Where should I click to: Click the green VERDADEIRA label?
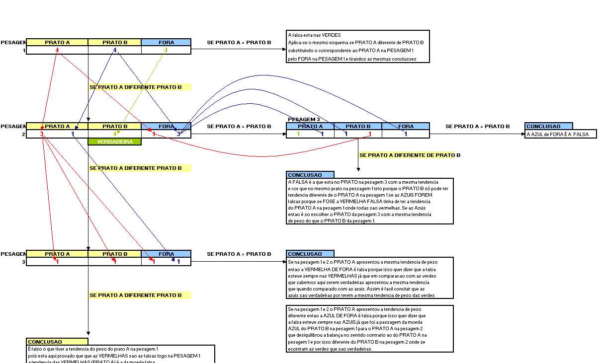pos(114,142)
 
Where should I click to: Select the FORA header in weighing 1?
pos(166,42)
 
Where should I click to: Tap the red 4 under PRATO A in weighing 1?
pos(57,50)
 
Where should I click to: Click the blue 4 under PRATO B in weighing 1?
pos(115,50)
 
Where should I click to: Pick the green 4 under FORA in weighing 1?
pos(166,50)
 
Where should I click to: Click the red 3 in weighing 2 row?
pos(42,134)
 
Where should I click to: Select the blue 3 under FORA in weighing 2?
pos(179,134)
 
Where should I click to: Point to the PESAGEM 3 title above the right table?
pos(304,120)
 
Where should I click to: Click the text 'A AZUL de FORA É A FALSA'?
pos(557,134)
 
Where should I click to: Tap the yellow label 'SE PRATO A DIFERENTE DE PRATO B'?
pos(410,155)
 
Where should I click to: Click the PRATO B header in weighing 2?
pos(115,126)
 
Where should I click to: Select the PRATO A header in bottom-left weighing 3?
pos(57,254)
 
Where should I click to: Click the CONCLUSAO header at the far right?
pos(543,126)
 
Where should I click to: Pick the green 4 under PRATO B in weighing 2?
pos(115,134)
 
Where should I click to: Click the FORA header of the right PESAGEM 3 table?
pos(406,126)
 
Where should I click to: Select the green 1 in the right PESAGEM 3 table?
pos(298,134)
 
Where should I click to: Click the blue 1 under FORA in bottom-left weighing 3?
pos(178,261)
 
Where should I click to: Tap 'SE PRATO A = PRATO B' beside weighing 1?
pos(239,42)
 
